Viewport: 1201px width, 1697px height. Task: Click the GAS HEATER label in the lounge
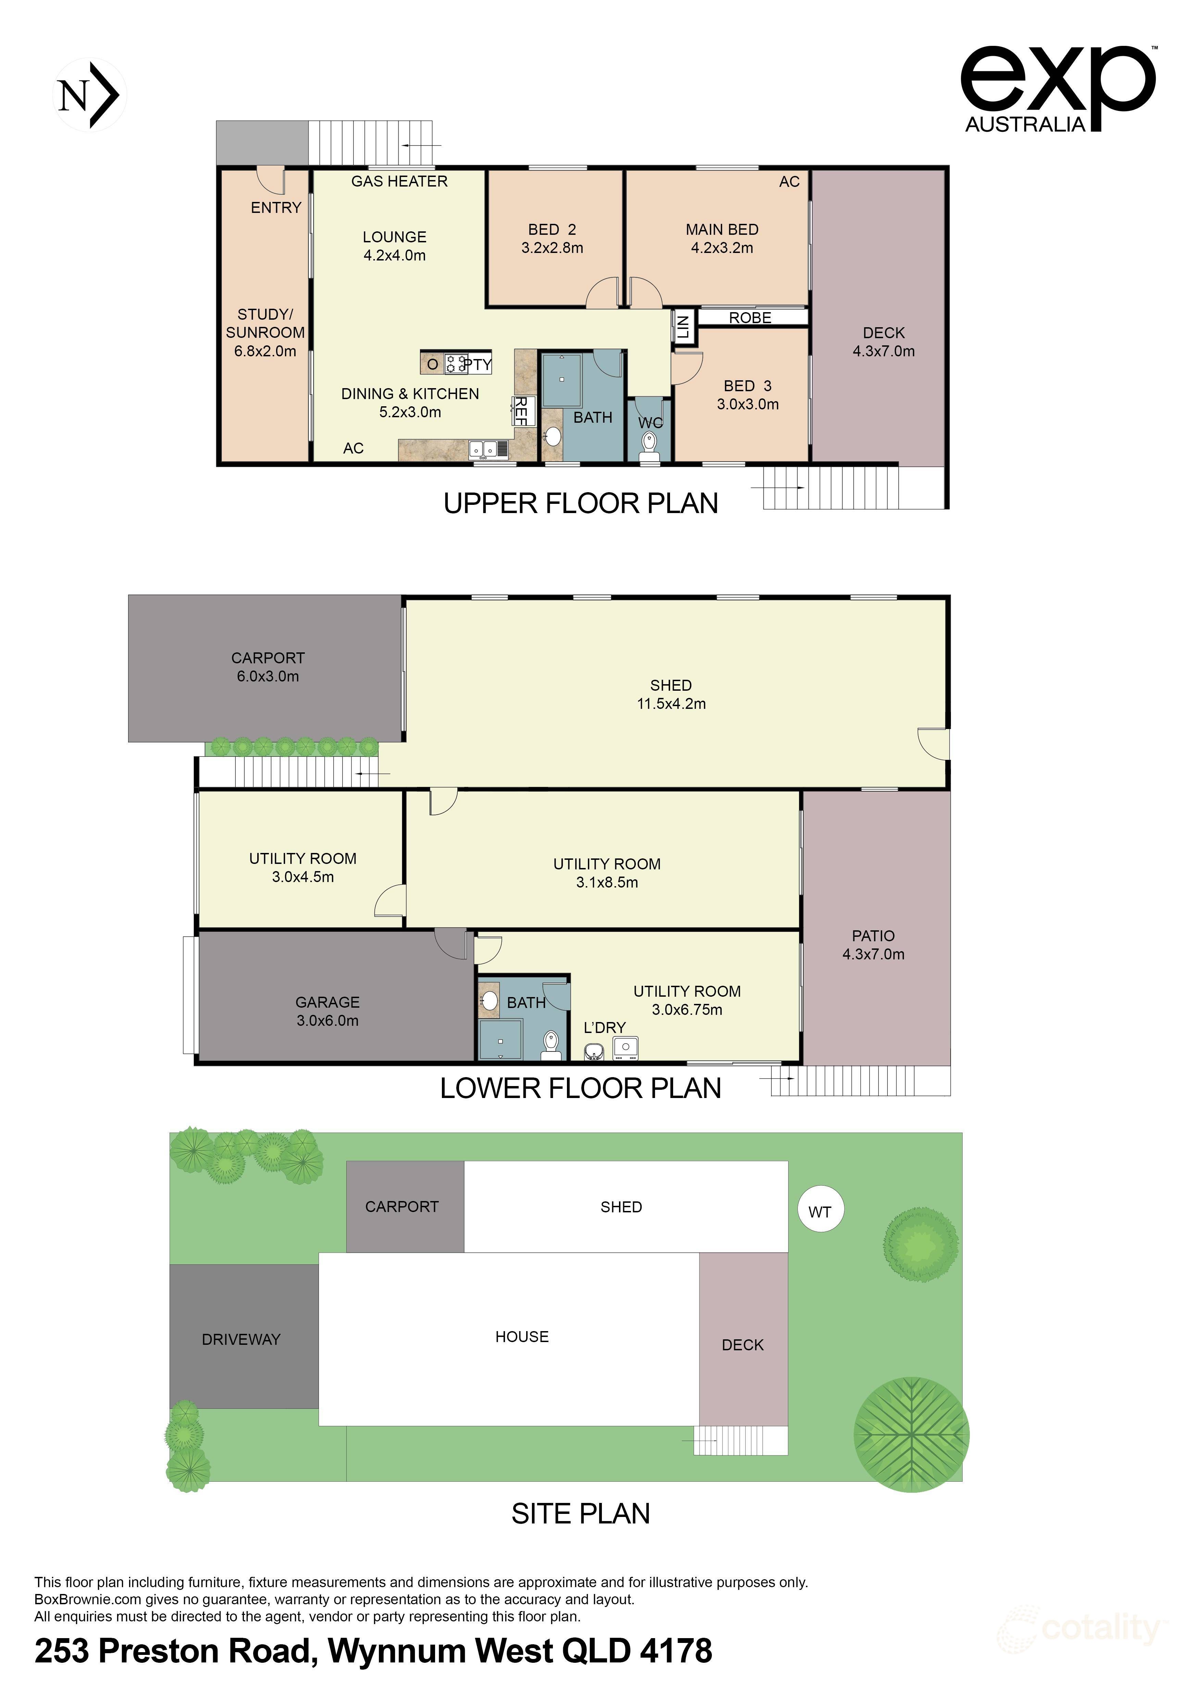pos(399,181)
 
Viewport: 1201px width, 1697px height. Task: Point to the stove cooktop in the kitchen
pos(456,363)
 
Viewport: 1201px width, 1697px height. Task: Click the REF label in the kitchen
pos(521,410)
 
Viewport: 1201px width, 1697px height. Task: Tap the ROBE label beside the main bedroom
pos(750,318)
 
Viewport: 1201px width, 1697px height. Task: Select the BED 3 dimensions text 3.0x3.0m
pos(748,404)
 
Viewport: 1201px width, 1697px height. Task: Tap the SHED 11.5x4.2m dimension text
pos(671,704)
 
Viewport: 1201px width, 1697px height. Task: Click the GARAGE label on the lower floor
pos(327,1002)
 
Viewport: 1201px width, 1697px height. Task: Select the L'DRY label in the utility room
pos(604,1028)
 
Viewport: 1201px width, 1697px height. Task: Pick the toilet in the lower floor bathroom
pos(550,1044)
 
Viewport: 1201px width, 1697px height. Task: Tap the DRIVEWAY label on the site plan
pos(241,1339)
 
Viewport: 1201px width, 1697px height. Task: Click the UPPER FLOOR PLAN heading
pos(581,503)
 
